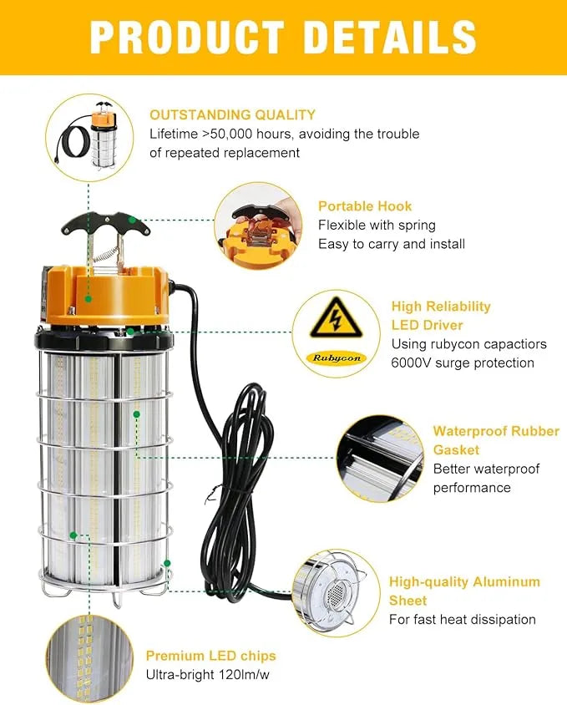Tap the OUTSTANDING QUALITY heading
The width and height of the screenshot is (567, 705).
point(232,114)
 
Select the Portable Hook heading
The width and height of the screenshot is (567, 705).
point(365,205)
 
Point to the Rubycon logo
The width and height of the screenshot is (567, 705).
point(338,357)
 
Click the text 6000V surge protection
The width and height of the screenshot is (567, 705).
point(462,363)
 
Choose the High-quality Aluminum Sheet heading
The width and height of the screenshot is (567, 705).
point(463,591)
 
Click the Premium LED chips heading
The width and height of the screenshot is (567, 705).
point(210,656)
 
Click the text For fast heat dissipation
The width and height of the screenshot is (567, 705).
point(462,619)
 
